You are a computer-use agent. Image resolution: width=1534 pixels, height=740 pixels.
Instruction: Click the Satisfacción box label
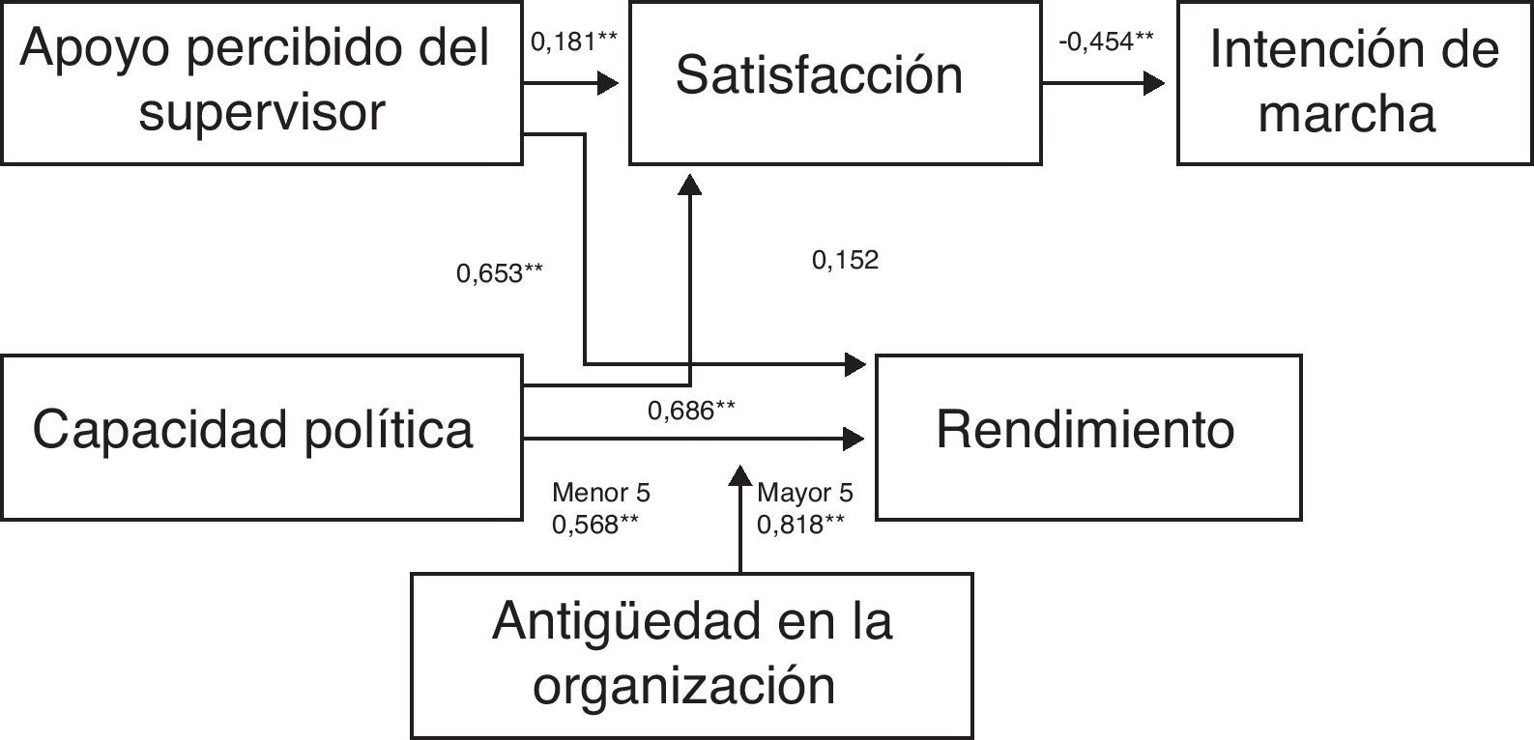819,75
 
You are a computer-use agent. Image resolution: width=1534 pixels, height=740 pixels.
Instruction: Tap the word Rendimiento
1085,430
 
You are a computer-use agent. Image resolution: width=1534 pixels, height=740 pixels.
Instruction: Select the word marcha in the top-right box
1346,114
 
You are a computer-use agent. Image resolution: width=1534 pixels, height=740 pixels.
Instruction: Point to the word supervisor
262,112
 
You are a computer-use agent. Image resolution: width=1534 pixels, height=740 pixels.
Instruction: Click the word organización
684,686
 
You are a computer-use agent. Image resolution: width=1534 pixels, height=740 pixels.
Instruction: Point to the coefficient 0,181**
574,43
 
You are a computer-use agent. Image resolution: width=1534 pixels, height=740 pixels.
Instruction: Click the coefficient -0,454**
1106,43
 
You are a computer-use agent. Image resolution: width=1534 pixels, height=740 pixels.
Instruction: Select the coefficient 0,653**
500,273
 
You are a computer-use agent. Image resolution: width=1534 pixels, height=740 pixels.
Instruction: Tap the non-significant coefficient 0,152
845,260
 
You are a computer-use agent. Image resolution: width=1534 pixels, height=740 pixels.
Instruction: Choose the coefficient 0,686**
691,411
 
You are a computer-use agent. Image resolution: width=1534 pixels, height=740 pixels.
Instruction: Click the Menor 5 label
601,493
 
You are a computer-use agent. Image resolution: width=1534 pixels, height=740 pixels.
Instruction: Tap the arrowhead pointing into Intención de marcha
1154,83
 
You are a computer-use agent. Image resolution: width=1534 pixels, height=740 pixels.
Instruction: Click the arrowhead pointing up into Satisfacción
690,185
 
